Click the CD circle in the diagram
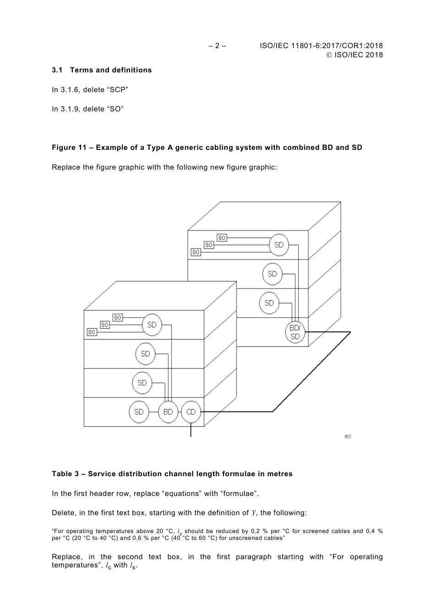(190, 412)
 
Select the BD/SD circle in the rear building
(295, 332)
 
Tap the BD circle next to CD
(168, 412)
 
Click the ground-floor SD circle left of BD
(139, 412)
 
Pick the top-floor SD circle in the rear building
(278, 245)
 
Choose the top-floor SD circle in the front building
(152, 324)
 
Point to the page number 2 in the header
(217, 46)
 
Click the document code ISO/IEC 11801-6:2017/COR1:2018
(321, 46)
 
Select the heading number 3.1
(57, 70)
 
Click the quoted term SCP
(117, 90)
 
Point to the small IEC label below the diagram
(348, 437)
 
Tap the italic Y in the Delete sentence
(253, 513)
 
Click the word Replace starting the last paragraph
(67, 557)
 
